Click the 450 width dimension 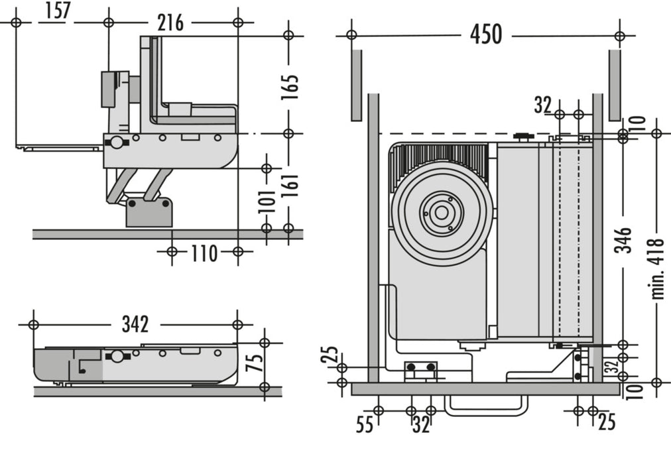pyautogui.click(x=485, y=34)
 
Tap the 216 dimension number pyautogui.click(x=170, y=23)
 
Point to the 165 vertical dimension pyautogui.click(x=290, y=87)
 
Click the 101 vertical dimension pyautogui.click(x=267, y=201)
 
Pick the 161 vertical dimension pyautogui.click(x=290, y=191)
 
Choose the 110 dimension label pyautogui.click(x=204, y=253)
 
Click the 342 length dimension pyautogui.click(x=135, y=324)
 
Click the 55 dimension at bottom pyautogui.click(x=365, y=424)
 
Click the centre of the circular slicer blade pyautogui.click(x=440, y=213)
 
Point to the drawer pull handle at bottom pyautogui.click(x=485, y=406)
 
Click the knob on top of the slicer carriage pyautogui.click(x=523, y=137)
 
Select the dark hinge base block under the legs pyautogui.click(x=149, y=211)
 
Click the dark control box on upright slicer pyautogui.click(x=109, y=89)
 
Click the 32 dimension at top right pyautogui.click(x=542, y=105)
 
